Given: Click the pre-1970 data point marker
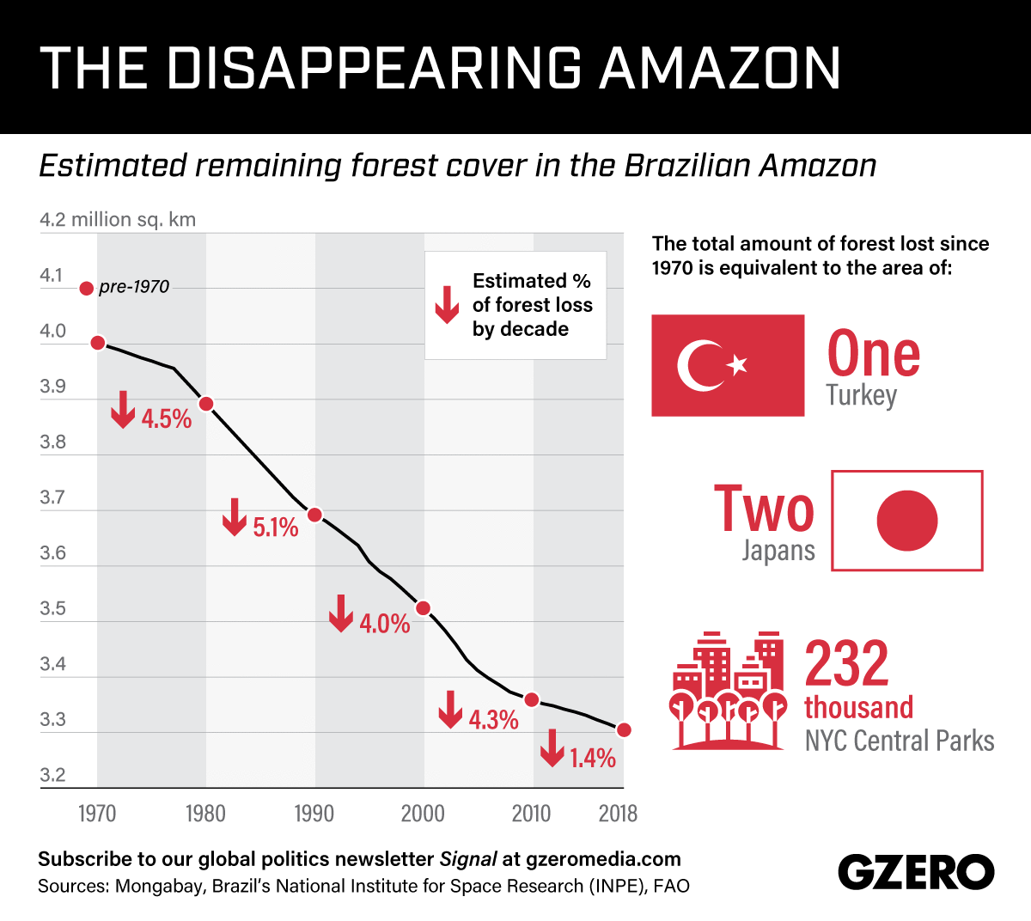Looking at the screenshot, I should pos(86,288).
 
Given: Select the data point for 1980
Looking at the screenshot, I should pos(206,404).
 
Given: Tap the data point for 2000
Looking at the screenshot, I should pos(423,608).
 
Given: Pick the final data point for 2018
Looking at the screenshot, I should pos(624,730).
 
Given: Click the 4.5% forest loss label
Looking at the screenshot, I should pos(167,419).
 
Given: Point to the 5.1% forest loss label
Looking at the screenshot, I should pos(276,527).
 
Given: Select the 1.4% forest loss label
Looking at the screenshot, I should pos(593,758).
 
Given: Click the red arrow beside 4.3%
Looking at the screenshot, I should pos(449,709).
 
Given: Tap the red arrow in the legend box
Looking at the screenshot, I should pos(447,305).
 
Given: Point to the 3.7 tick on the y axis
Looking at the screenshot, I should pos(52,497).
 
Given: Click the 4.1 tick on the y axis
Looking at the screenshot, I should pos(52,276).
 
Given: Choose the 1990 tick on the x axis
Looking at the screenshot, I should pos(314,814).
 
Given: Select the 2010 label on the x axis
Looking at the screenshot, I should pos(531,814).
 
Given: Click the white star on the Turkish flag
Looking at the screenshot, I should pos(737,365).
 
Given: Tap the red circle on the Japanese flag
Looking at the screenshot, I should pos(907,521).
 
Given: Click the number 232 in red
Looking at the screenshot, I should pos(846,663).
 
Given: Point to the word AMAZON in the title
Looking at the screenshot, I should pos(721,68).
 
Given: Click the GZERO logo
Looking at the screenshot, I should pos(916,873).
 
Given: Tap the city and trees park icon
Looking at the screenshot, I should pos(729,692).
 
